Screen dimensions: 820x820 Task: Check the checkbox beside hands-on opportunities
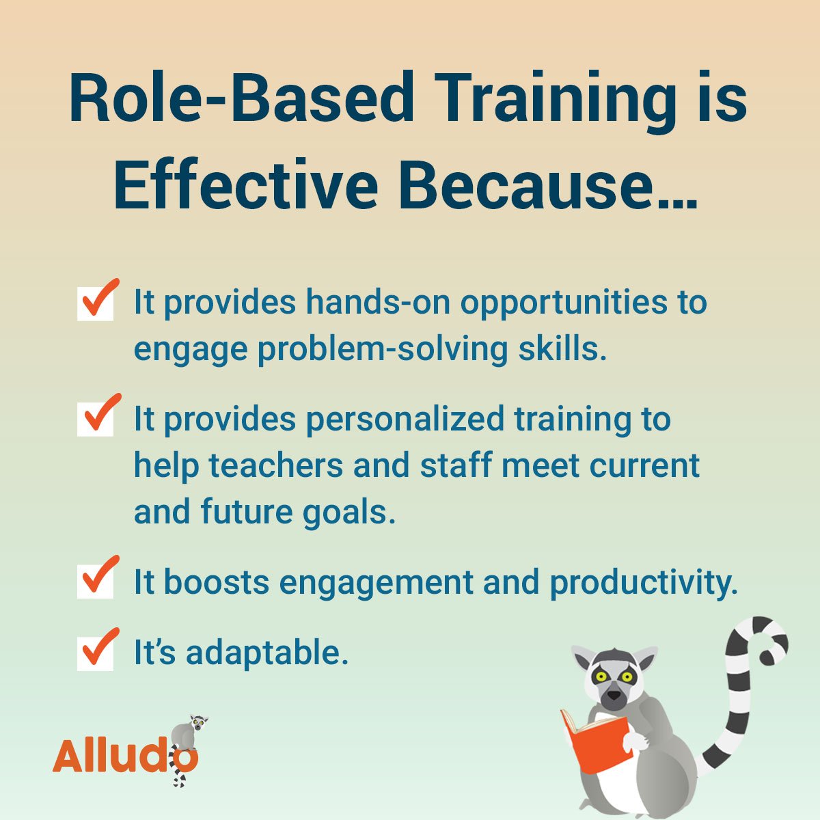point(96,303)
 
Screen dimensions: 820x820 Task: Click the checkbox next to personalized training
point(96,418)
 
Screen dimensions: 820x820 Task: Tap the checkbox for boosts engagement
point(96,581)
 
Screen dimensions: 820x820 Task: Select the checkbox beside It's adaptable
point(96,652)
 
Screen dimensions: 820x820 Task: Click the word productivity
point(644,582)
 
